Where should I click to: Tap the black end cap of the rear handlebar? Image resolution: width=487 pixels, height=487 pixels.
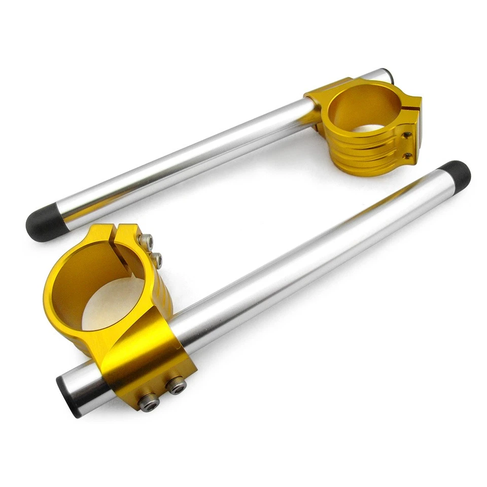tap(45, 223)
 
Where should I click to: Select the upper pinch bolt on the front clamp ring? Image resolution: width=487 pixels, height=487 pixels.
tap(147, 242)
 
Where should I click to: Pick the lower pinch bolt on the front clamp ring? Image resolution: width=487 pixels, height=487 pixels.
tap(157, 261)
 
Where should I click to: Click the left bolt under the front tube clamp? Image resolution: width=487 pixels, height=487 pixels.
tap(149, 402)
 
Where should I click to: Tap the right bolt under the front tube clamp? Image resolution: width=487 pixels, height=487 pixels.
tap(176, 385)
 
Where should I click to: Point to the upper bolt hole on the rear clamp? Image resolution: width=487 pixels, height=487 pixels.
tap(406, 135)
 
